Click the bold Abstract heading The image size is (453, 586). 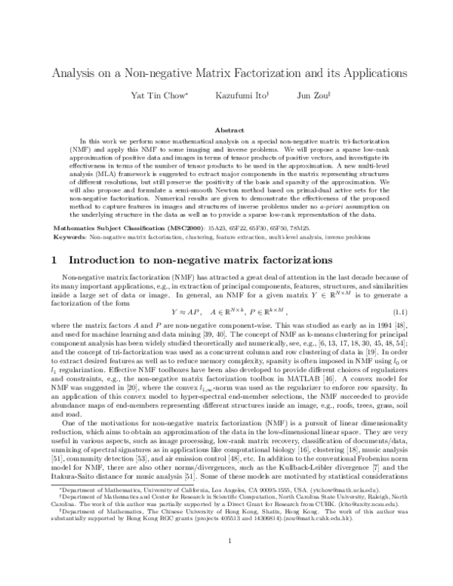point(226,130)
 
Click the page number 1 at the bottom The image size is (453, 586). point(226,563)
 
